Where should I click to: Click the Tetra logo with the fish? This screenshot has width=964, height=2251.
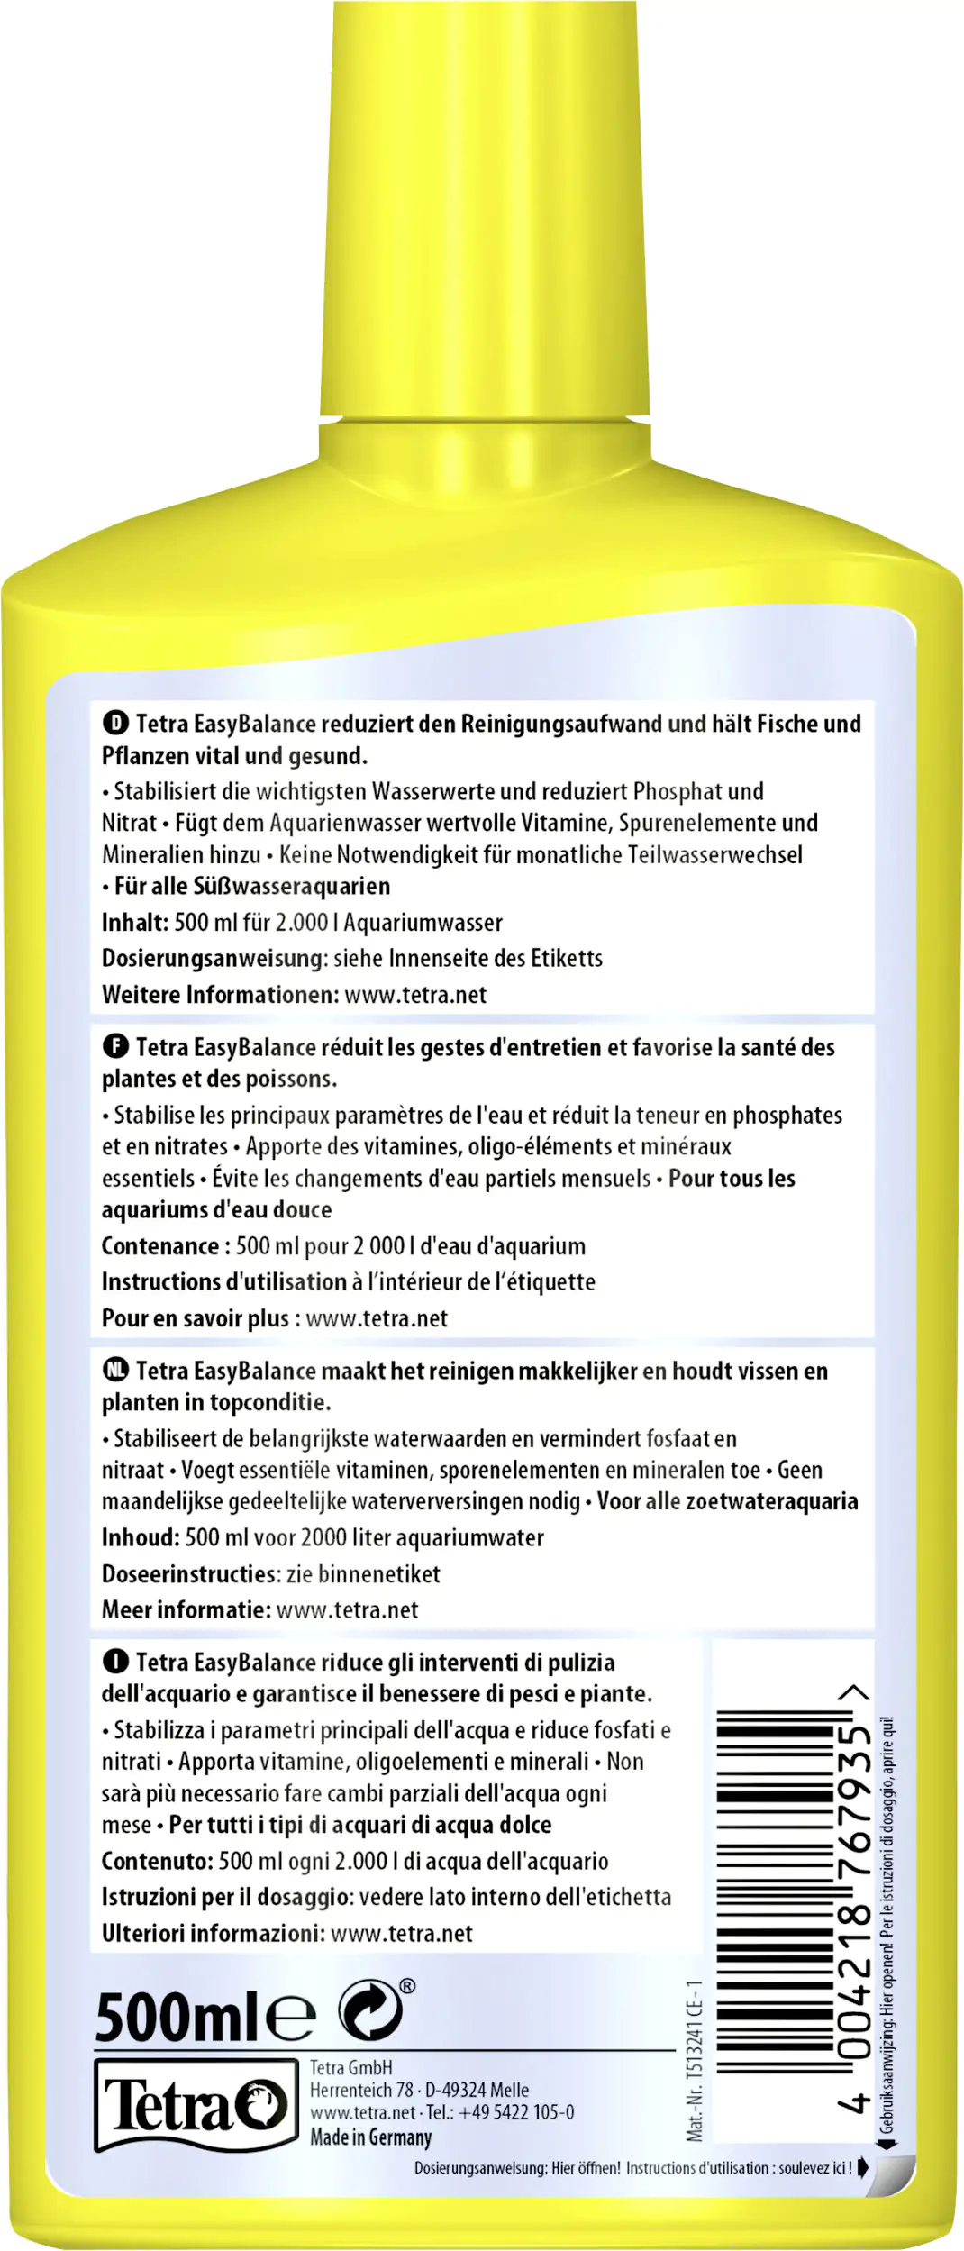(x=196, y=2104)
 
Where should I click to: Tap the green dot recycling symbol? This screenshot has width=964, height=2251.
(x=370, y=2009)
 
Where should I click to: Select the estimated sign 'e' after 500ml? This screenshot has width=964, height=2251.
(x=290, y=2017)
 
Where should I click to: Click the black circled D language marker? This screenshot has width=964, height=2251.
(x=115, y=723)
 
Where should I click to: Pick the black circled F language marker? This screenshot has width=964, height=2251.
(x=115, y=1046)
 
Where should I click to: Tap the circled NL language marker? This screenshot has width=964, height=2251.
(x=115, y=1370)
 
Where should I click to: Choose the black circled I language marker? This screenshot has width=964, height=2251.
(x=115, y=1661)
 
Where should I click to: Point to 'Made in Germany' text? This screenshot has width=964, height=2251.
(x=370, y=2137)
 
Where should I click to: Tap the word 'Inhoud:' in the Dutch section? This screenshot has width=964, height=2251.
(x=140, y=1537)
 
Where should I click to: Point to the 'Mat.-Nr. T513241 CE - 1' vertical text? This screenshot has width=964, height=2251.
(x=693, y=2060)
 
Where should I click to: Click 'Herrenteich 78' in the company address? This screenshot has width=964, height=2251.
(x=360, y=2090)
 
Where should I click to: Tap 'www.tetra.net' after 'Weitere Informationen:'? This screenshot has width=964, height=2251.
(x=415, y=995)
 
